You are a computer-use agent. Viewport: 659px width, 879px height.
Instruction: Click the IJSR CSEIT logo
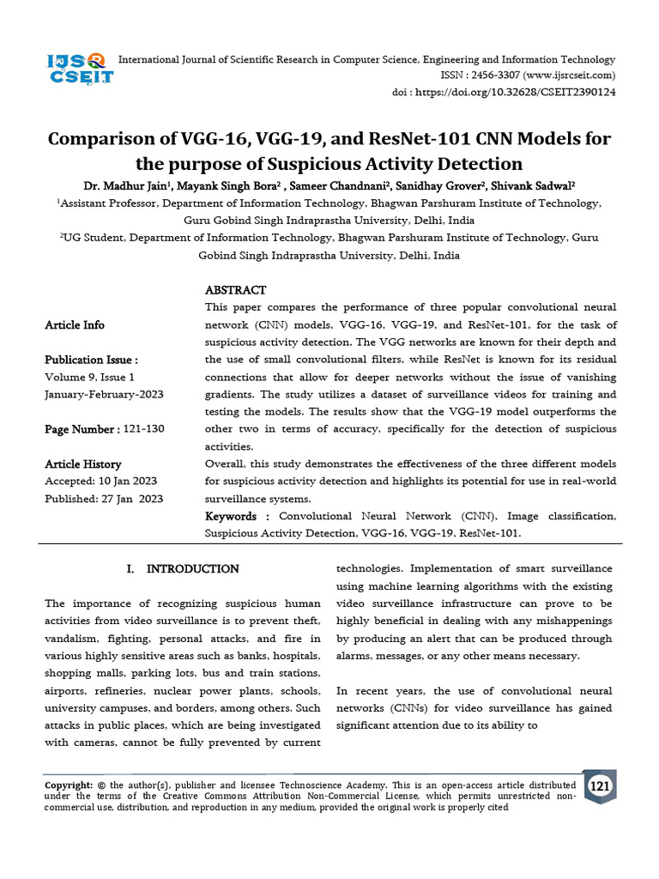pos(79,67)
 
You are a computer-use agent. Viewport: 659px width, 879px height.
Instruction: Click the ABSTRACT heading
pos(235,290)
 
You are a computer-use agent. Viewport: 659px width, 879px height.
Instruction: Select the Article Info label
pos(75,325)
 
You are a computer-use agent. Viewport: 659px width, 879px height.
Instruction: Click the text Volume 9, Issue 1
pos(89,377)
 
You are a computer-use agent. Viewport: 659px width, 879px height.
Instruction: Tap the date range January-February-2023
pos(104,394)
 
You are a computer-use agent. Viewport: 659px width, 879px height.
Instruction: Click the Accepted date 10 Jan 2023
pos(126,482)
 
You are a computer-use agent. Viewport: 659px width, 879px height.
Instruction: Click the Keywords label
pos(231,516)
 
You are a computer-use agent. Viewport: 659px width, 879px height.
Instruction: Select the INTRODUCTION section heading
pos(193,568)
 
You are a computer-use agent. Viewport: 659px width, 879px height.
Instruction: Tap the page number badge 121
pos(600,786)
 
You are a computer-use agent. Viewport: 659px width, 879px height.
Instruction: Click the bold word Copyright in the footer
pos(68,785)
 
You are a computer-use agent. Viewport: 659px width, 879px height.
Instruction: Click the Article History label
pos(83,464)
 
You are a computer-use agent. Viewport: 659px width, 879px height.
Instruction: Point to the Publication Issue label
pos(91,360)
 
